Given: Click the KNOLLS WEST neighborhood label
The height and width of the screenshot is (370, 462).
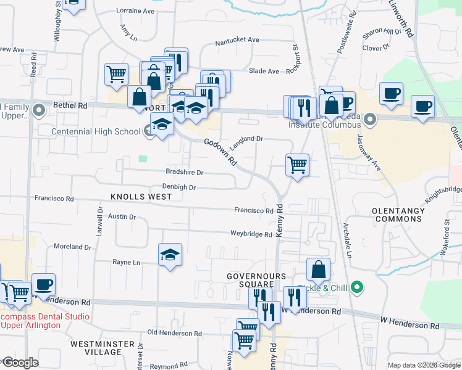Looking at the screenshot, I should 141,196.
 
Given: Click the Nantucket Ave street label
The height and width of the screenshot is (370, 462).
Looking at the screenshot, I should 237,40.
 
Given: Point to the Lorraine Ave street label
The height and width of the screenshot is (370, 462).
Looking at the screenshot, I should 135,11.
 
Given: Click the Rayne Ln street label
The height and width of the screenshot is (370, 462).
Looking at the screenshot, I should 127,262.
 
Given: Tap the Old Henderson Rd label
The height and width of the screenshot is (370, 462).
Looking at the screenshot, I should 175,333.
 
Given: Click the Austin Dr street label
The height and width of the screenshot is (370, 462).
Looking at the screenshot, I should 122,216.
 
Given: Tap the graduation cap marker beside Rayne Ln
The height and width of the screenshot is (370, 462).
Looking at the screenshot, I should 170,255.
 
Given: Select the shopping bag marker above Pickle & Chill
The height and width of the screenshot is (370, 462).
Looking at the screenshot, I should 318,269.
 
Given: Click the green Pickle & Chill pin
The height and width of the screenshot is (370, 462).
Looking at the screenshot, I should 356,287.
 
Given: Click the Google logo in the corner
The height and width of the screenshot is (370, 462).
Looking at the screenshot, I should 20,363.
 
